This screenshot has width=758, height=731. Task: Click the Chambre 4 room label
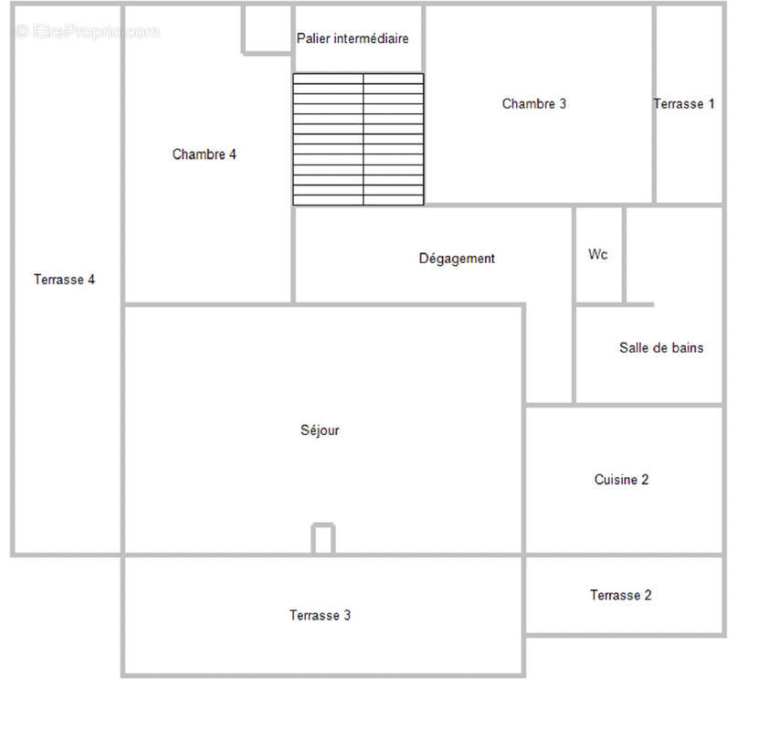point(204,154)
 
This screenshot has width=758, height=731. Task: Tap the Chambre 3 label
point(533,103)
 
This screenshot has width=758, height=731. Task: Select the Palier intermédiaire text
point(353,38)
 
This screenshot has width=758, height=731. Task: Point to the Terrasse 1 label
point(683,103)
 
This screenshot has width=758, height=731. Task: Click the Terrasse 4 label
point(64,279)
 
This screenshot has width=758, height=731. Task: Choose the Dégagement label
point(457,259)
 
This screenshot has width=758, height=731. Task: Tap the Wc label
point(598,254)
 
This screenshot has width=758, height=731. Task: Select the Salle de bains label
point(661,347)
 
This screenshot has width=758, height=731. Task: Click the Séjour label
point(320,430)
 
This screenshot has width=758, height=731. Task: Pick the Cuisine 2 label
point(621,480)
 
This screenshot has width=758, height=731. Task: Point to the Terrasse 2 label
point(621,595)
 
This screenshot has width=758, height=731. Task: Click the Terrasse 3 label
point(320,615)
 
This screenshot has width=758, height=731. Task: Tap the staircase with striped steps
point(358,139)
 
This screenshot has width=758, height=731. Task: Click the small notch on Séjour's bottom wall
point(323,538)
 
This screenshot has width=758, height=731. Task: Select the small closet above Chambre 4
point(268,29)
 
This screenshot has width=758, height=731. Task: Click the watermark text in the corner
point(87,31)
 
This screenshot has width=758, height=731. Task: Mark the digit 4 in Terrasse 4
point(91,279)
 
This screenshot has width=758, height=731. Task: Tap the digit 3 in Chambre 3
point(563,103)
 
